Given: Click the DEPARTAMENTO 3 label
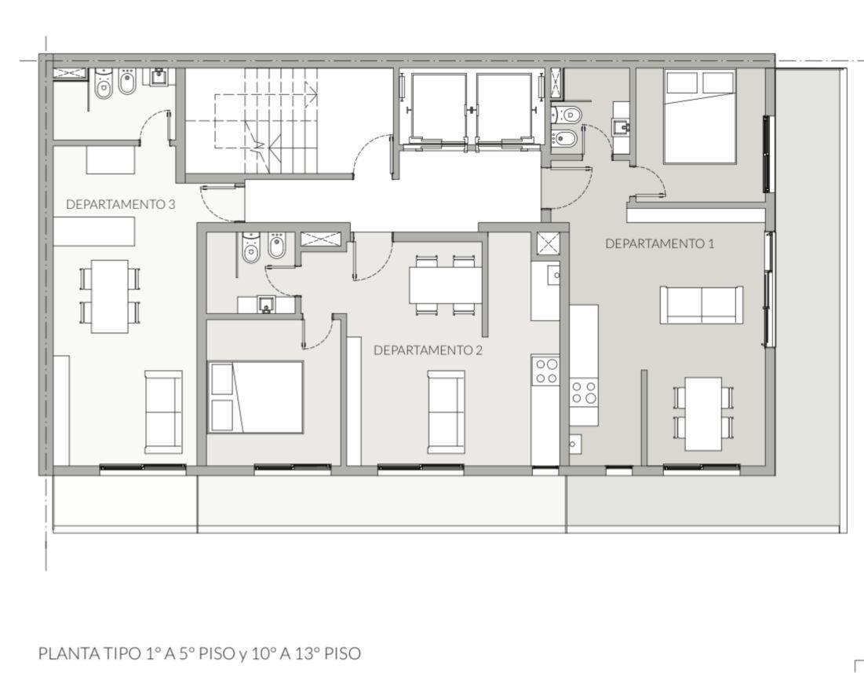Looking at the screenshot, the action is [121, 204].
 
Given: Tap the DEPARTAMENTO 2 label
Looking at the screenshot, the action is [428, 350].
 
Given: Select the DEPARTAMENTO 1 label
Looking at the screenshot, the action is [659, 243].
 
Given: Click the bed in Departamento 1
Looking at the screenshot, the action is [700, 116].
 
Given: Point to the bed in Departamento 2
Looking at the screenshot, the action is [256, 397].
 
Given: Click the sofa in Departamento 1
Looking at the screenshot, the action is [701, 305].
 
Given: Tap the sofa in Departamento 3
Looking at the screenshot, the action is [163, 411].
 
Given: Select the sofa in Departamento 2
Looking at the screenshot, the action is [447, 411].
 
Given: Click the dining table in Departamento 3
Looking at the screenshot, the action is [110, 296].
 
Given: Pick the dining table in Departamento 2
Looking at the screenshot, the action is [446, 285].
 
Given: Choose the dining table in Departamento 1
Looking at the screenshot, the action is [703, 414].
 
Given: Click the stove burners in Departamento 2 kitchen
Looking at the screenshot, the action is [545, 371].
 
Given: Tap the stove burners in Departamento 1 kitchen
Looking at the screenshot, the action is [584, 392].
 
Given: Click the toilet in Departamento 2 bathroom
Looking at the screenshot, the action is [250, 247].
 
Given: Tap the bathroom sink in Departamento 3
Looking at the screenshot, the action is [160, 76].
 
